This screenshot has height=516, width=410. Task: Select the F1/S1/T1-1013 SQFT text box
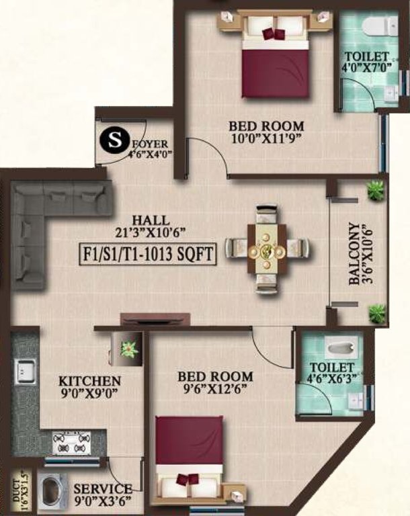tap(148, 255)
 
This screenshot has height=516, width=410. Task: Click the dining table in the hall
tap(267, 249)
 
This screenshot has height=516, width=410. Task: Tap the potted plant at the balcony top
tap(376, 190)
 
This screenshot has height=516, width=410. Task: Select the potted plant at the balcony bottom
tap(377, 312)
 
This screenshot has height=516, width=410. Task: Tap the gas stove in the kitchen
tap(71, 443)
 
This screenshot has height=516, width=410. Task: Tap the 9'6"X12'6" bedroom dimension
tap(215, 390)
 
